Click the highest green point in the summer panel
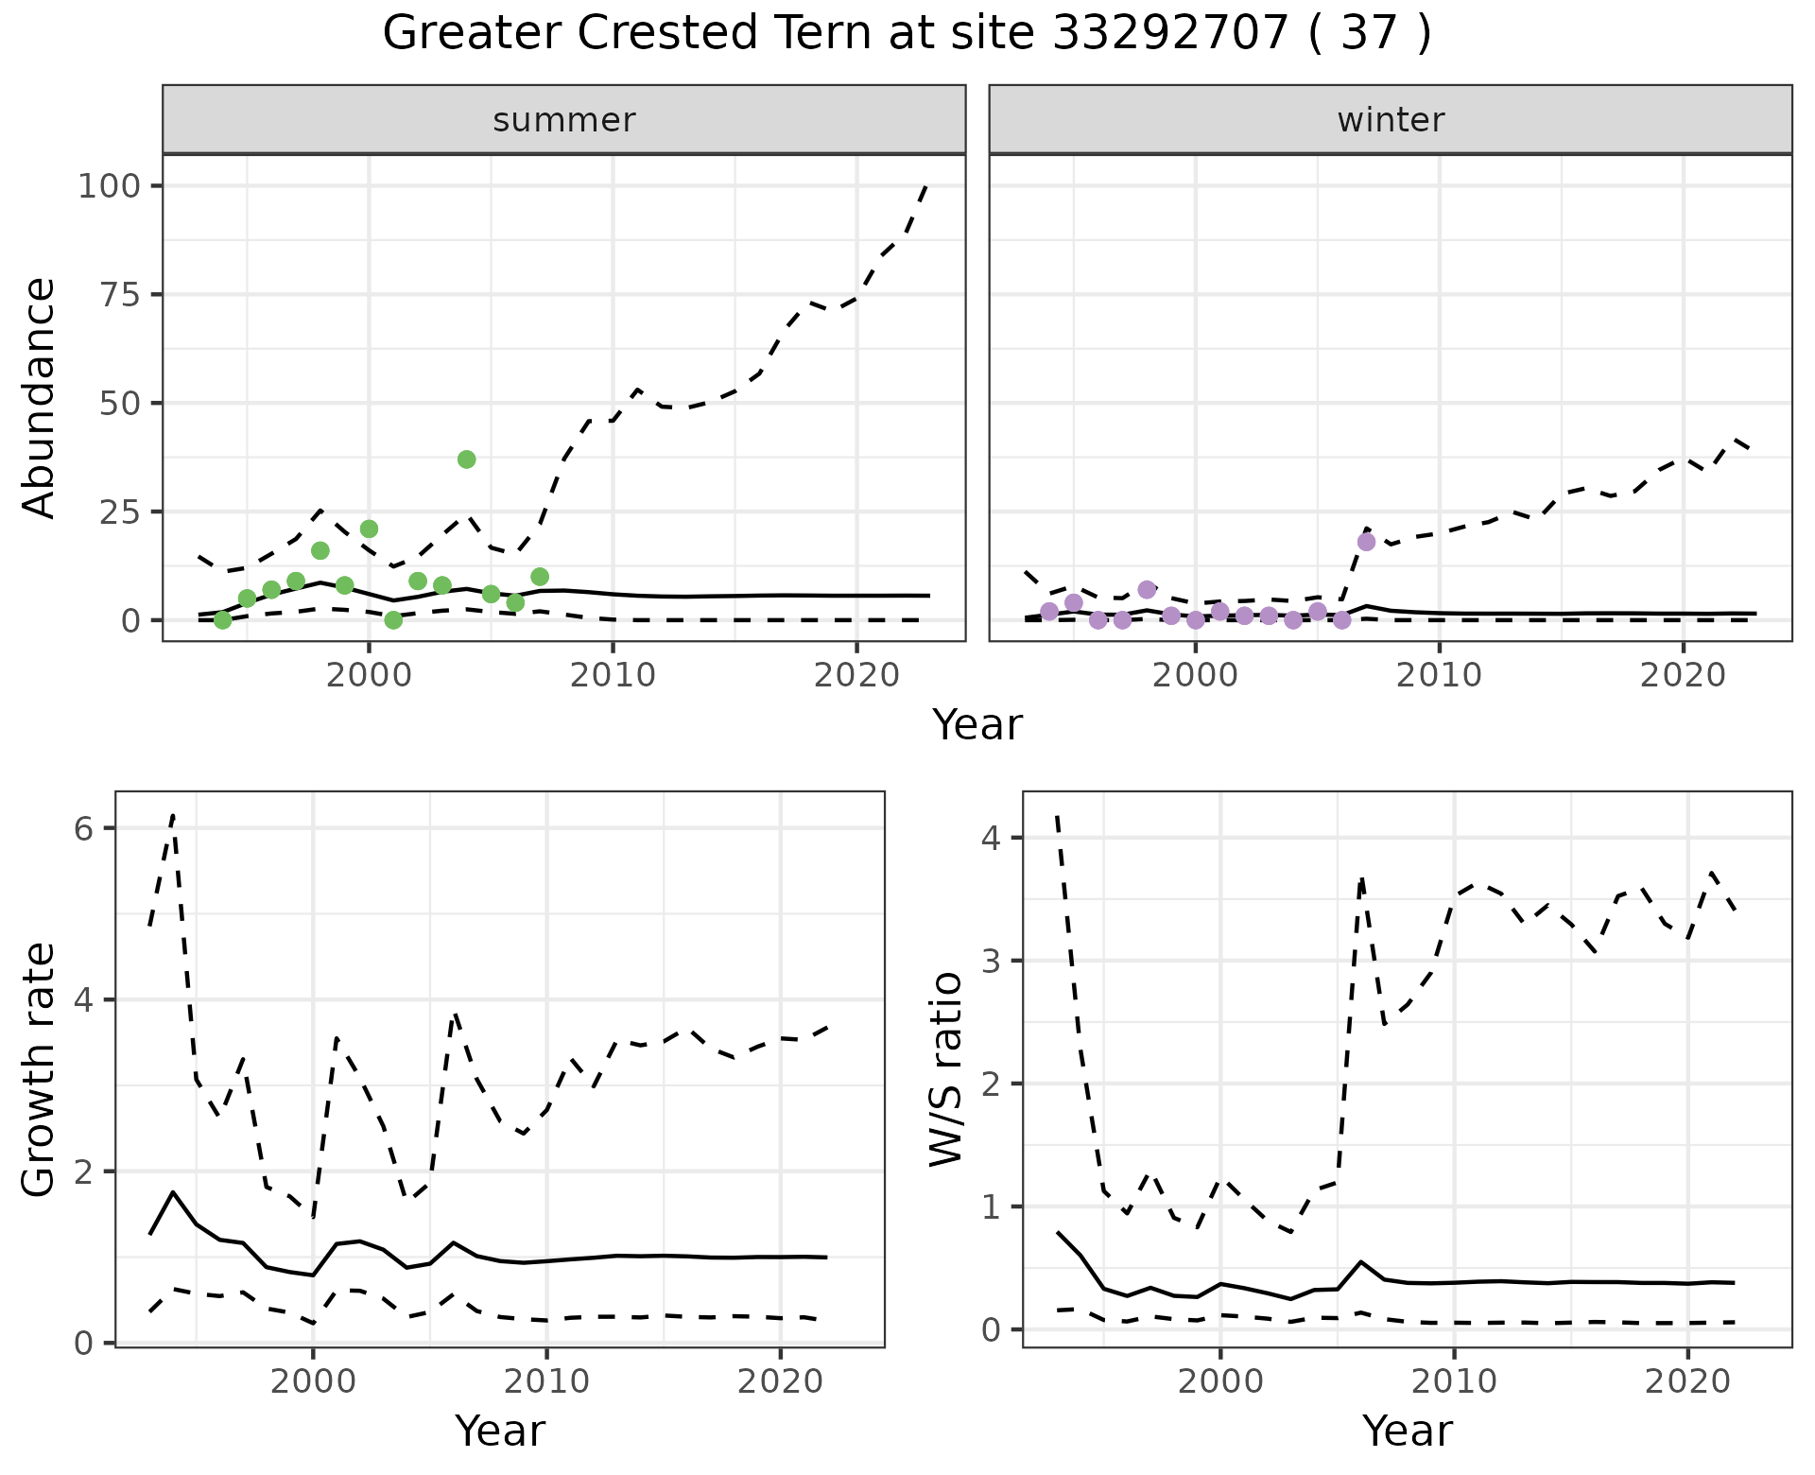466,460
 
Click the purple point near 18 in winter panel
1366,542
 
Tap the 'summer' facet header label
564,120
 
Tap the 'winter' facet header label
1391,120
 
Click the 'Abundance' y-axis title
40,398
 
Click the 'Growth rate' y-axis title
40,1069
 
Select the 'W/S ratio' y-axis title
946,1069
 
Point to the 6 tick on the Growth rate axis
83,829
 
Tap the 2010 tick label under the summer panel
613,675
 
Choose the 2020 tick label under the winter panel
1683,675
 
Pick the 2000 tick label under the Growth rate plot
313,1381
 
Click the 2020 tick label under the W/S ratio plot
1687,1381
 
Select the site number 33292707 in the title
1170,34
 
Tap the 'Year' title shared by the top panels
977,725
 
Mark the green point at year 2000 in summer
369,529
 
